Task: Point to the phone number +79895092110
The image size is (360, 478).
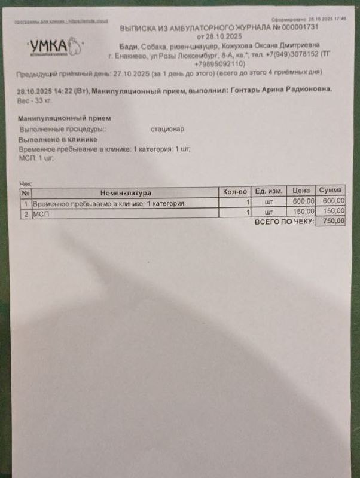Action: coord(219,63)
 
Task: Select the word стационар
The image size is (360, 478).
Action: coord(168,128)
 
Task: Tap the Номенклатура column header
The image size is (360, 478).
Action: coord(126,193)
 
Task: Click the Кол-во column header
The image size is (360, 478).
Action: coord(235,192)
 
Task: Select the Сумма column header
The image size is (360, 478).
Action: coord(331,190)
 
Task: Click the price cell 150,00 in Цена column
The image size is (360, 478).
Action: coord(303,211)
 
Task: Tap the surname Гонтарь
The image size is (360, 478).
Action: coord(248,88)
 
